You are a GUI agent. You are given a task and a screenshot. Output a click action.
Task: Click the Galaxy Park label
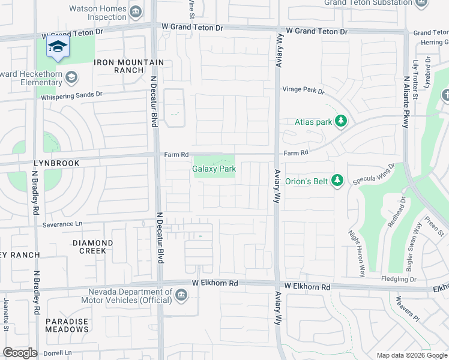click(x=214, y=169)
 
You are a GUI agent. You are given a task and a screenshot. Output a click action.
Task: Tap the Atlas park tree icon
click(x=341, y=122)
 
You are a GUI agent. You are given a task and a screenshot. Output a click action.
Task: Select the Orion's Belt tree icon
click(x=337, y=180)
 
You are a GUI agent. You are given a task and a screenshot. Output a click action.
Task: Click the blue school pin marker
click(x=58, y=48)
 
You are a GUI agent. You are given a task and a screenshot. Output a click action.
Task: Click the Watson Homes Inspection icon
click(x=136, y=11)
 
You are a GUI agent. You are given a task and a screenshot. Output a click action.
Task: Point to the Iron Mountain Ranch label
click(x=128, y=66)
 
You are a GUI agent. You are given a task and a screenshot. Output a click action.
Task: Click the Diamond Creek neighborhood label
click(x=92, y=247)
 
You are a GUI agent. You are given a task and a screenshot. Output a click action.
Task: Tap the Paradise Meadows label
click(x=67, y=325)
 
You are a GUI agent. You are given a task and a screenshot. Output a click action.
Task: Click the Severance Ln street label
click(x=62, y=224)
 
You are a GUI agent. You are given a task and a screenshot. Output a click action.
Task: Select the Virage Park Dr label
click(x=304, y=91)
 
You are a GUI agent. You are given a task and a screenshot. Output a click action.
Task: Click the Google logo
click(x=19, y=353)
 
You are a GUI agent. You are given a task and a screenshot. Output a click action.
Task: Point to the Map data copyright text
click(x=412, y=355)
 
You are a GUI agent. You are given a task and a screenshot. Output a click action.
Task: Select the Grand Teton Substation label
click(x=367, y=3)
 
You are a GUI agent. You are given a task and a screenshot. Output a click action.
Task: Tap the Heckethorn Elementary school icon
click(x=71, y=77)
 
